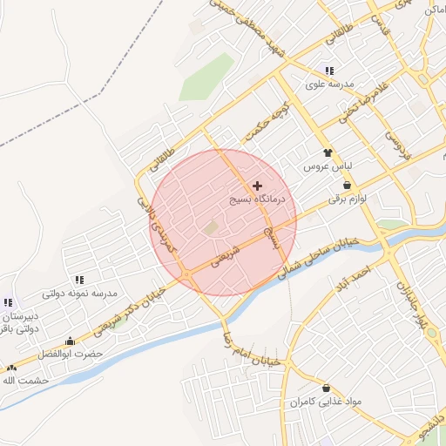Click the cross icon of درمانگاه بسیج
click(257, 186)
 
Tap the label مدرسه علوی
click(328, 85)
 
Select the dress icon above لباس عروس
click(328, 152)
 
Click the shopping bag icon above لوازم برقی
click(348, 186)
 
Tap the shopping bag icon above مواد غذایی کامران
click(326, 388)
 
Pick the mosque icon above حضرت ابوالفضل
click(70, 341)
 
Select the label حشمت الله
click(24, 381)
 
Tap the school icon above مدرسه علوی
click(328, 71)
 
